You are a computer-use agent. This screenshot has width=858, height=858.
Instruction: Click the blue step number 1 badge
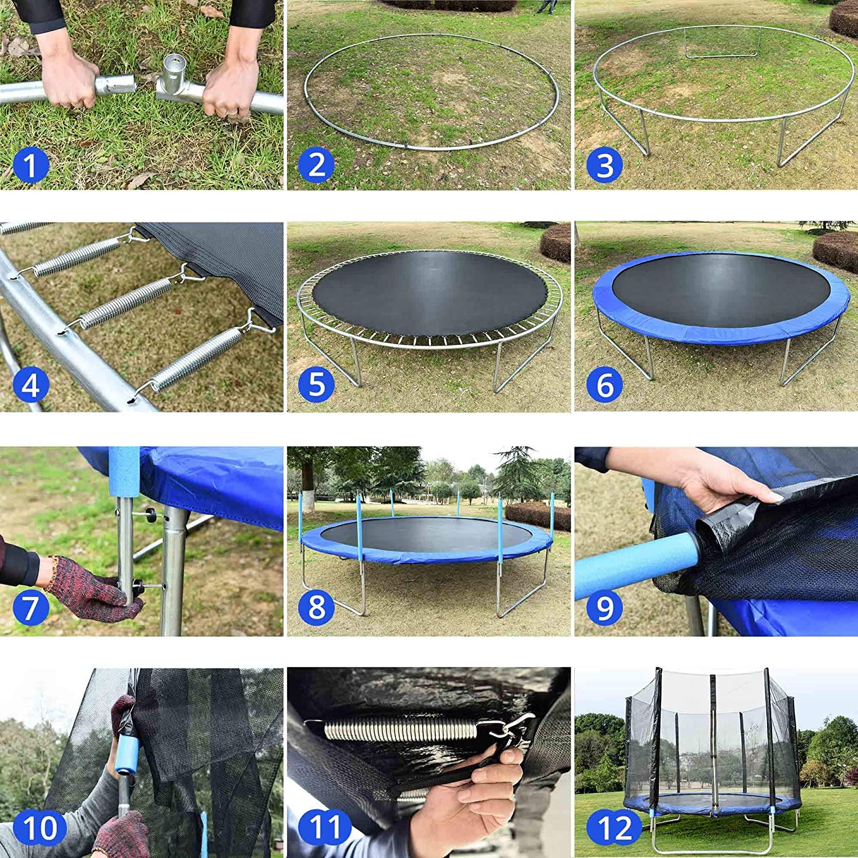[x=30, y=164]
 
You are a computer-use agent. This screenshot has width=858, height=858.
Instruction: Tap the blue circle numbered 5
[x=316, y=384]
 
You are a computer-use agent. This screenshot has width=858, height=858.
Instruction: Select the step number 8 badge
[x=316, y=607]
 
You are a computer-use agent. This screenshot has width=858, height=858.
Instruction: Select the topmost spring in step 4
[x=77, y=255]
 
